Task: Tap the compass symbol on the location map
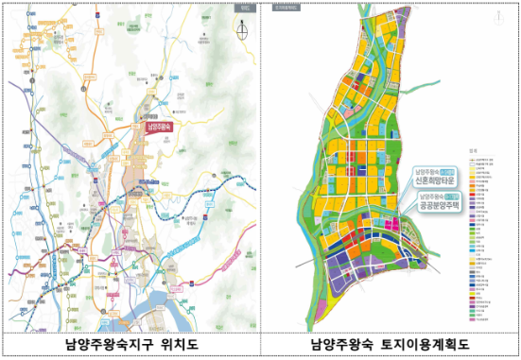coord(242,28)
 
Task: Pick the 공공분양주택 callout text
coord(443,203)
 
